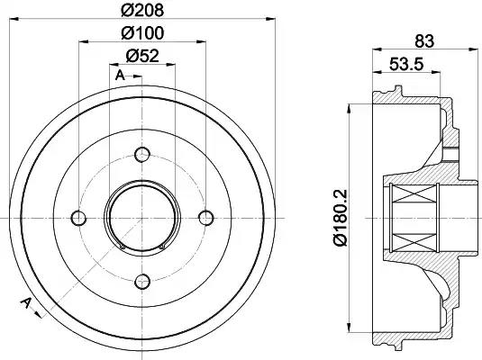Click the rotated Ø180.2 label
340,217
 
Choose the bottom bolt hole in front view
141,281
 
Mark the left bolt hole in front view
77,217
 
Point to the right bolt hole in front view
205,217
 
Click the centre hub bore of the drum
141,217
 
